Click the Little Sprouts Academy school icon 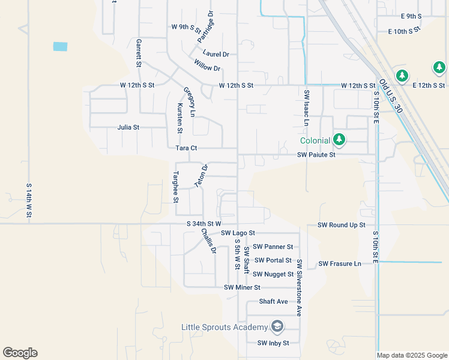[277, 327]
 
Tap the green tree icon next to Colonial [339, 140]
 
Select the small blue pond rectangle [60, 46]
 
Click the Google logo [20, 353]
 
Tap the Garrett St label [139, 53]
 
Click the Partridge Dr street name [205, 26]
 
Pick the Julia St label [128, 127]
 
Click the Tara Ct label [186, 148]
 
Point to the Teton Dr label [201, 175]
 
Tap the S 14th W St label [29, 203]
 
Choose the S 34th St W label [204, 224]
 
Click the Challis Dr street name [208, 241]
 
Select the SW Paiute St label [324, 155]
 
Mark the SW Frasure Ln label [340, 263]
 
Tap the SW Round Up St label [341, 225]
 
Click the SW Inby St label [273, 343]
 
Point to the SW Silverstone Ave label [298, 287]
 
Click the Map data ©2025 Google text [412, 355]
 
